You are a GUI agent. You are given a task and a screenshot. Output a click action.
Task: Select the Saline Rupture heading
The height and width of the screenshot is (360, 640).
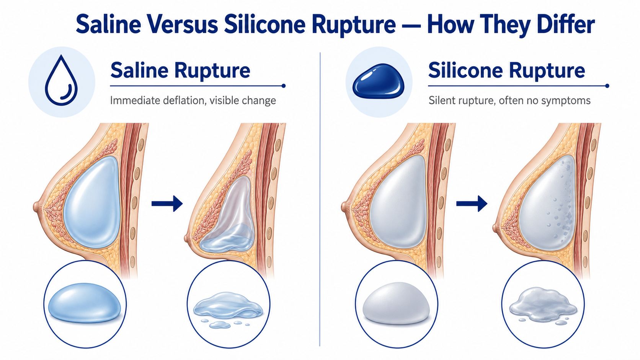tap(180, 70)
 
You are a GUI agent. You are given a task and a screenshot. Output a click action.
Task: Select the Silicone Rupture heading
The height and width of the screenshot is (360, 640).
tap(506, 70)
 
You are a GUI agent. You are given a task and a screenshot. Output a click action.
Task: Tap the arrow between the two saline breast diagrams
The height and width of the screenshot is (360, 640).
tap(167, 204)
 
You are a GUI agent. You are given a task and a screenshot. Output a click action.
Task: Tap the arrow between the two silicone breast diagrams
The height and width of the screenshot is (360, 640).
tap(472, 204)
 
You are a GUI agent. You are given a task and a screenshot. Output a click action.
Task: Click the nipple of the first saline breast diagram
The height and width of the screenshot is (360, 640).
tap(36, 207)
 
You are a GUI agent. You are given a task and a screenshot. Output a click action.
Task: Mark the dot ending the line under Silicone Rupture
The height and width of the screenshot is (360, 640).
tap(607, 86)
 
